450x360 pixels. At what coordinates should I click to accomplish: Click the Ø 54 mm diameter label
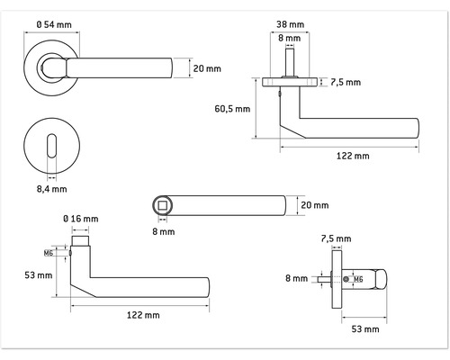pyautogui.click(x=54, y=24)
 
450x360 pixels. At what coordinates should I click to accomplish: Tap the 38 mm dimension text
pyautogui.click(x=290, y=24)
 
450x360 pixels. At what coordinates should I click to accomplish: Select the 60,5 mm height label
pyautogui.click(x=232, y=109)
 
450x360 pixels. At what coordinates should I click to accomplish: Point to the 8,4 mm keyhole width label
pyautogui.click(x=51, y=189)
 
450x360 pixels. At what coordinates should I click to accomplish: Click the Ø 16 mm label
pyautogui.click(x=81, y=219)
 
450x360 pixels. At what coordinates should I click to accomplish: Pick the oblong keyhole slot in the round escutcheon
pyautogui.click(x=52, y=146)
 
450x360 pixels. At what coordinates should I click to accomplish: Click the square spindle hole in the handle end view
pyautogui.click(x=162, y=205)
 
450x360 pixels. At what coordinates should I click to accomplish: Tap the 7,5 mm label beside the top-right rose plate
pyautogui.click(x=346, y=82)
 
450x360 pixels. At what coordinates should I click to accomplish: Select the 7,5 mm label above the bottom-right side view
pyautogui.click(x=336, y=238)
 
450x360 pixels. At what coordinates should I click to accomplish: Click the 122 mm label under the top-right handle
pyautogui.click(x=353, y=156)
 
